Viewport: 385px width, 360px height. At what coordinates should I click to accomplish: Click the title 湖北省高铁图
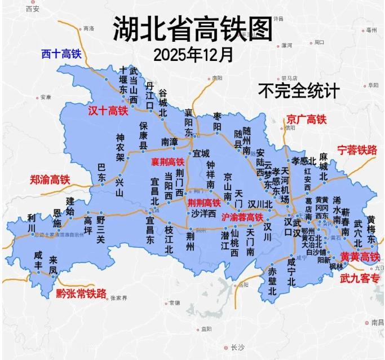click(x=192, y=28)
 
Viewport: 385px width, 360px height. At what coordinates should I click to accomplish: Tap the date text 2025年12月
click(x=193, y=55)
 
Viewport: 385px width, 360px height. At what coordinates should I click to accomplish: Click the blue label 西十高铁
click(x=61, y=54)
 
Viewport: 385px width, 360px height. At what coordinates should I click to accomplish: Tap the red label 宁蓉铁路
click(x=356, y=150)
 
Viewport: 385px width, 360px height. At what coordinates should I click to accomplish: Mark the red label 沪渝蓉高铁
click(x=242, y=217)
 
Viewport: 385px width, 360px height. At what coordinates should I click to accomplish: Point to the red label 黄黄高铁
click(x=360, y=257)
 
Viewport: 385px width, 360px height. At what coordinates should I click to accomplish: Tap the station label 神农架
click(x=120, y=147)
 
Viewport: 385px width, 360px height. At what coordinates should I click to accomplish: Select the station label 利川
click(x=31, y=223)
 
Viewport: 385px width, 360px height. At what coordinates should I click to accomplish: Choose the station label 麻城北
click(x=323, y=166)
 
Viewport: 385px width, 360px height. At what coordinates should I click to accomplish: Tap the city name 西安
click(x=33, y=10)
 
